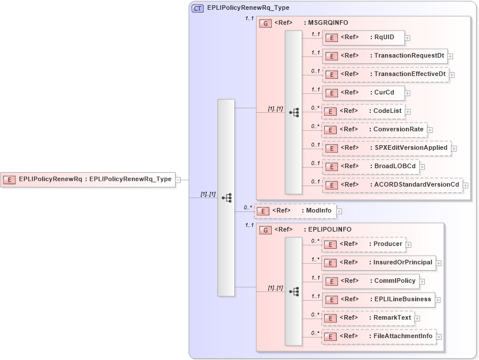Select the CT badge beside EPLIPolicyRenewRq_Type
coord(197,8)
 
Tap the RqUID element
coord(363,37)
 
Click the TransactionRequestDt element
coord(385,56)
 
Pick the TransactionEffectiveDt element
coord(385,74)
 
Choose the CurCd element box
coord(363,93)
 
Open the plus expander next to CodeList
coord(408,111)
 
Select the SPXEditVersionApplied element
coord(386,148)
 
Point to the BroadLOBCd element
coord(370,166)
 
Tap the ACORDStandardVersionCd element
coord(392,185)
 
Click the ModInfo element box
coord(295,211)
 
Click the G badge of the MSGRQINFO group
coord(266,23)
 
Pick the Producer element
coord(363,244)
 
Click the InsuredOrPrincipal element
coord(378,263)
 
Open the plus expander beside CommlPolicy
coord(422,282)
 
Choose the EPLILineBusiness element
coord(378,300)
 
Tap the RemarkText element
coord(367,318)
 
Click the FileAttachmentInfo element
coord(378,336)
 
